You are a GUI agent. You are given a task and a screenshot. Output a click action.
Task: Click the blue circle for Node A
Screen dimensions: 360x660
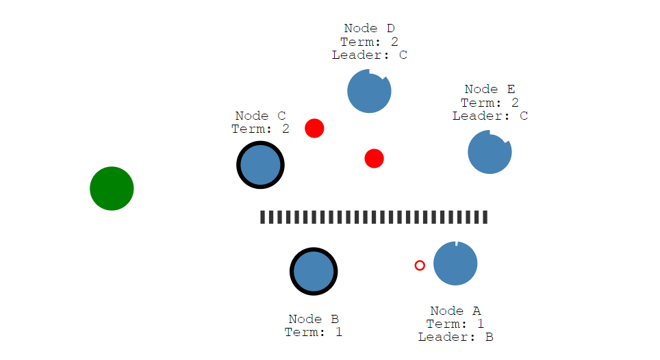pos(455,263)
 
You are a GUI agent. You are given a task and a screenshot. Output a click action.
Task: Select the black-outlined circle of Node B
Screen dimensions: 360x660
pos(314,271)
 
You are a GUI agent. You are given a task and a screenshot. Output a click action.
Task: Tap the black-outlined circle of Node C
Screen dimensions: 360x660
pos(260,165)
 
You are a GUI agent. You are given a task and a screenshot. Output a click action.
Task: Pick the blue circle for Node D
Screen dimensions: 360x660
pos(369,91)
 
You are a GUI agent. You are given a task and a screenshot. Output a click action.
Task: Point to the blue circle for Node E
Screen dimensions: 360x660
pos(490,152)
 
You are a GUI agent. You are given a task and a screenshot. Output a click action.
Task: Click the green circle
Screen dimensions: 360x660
pos(112,188)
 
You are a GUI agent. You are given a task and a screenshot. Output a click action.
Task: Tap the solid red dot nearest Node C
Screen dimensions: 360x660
pos(314,128)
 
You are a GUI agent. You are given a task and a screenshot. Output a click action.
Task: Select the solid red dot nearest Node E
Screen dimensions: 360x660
pos(374,159)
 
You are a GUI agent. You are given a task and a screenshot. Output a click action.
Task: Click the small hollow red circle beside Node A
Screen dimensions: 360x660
pos(420,265)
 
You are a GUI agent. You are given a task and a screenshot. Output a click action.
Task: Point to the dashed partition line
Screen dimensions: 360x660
pos(374,217)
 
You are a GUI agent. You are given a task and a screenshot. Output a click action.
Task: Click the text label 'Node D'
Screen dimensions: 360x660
pos(369,29)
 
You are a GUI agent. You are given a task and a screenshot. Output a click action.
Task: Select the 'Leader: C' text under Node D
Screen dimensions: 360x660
pos(369,55)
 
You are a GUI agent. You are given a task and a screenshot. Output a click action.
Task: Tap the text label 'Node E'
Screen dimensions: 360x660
pos(490,90)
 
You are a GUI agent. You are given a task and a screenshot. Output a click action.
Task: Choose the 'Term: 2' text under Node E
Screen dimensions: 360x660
pos(490,103)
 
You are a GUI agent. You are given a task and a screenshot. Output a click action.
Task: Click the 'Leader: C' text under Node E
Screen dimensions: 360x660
pos(490,116)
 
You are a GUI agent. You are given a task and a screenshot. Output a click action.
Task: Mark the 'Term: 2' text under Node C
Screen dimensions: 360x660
pos(260,129)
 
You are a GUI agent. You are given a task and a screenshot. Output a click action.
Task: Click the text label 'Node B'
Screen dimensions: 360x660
pos(314,319)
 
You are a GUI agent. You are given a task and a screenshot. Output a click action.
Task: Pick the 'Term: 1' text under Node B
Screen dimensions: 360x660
pos(314,332)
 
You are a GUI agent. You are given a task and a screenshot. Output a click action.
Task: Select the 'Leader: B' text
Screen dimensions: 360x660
pos(455,337)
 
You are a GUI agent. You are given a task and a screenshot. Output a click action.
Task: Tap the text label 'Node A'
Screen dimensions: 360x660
pos(455,311)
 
